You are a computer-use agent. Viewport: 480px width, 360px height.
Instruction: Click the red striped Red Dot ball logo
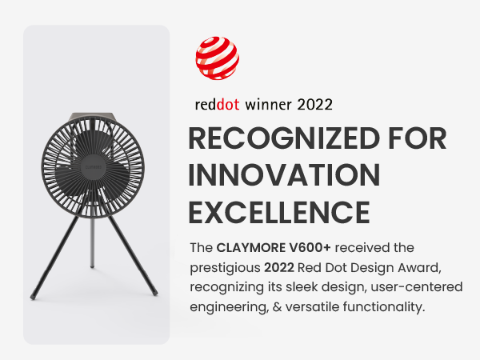click(218, 58)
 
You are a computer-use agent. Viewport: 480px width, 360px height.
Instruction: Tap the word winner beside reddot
click(268, 105)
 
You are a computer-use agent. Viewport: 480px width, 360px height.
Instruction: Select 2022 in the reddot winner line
click(314, 105)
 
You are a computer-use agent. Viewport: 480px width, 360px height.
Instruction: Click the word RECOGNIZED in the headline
click(284, 138)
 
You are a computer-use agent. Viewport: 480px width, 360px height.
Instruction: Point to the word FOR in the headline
click(418, 138)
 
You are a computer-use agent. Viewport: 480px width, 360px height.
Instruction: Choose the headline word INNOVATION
click(284, 175)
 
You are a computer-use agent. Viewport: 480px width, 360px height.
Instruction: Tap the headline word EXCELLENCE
click(279, 212)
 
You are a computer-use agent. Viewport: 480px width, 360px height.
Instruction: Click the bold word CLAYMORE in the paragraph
click(250, 248)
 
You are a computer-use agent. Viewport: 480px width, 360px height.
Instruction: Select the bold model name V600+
click(310, 248)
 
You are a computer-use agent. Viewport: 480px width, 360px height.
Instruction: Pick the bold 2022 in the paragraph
click(279, 267)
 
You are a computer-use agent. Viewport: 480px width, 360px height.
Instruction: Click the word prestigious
click(225, 269)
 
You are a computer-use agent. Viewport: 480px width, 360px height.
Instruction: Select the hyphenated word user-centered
click(416, 287)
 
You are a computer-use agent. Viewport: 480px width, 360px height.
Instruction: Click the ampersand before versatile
click(277, 306)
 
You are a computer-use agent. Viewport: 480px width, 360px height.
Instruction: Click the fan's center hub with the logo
click(93, 167)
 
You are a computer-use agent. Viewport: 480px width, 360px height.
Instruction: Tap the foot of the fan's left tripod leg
click(33, 297)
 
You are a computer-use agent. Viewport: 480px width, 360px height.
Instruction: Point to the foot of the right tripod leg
click(155, 294)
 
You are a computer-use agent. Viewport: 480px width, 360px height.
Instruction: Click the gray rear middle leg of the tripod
click(92, 242)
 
